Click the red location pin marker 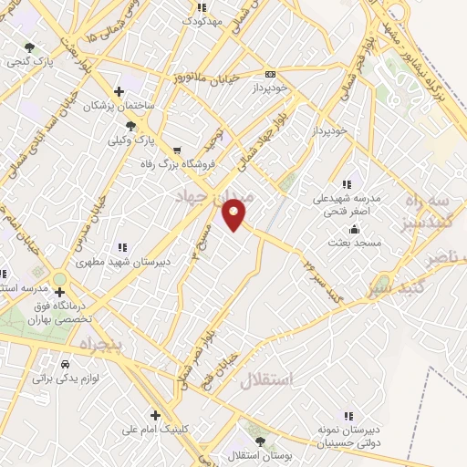click(234, 214)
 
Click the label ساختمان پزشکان click(119, 106)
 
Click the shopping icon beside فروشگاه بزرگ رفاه click(176, 151)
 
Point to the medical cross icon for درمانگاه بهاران click(60, 293)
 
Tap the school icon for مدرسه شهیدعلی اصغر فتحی click(347, 185)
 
